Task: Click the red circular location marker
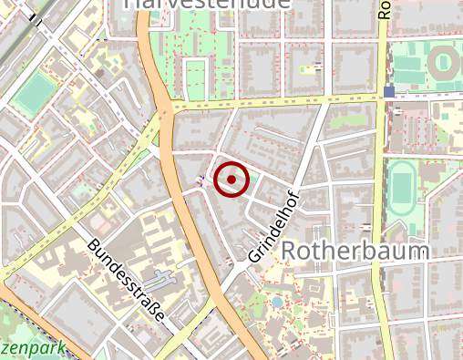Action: coord(231,179)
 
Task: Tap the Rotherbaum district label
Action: coord(355,250)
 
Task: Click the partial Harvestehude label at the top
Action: coord(206,4)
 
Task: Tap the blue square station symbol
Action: coord(389,92)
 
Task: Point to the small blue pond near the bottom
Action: coord(276,301)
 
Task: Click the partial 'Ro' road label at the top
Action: coord(385,9)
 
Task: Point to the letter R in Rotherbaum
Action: coord(289,251)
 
